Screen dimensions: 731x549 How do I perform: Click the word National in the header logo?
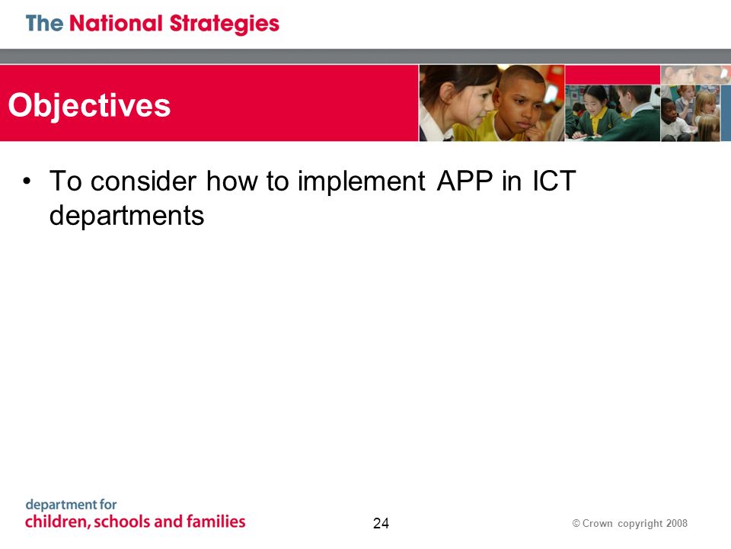tap(116, 24)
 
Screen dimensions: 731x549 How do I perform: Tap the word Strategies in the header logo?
tap(224, 24)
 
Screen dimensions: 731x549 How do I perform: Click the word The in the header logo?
tap(44, 24)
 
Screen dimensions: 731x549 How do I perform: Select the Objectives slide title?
tap(89, 106)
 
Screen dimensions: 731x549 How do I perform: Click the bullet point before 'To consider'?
tap(27, 181)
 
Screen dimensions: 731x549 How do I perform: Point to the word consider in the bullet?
tap(143, 181)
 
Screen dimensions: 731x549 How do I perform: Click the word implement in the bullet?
tap(361, 182)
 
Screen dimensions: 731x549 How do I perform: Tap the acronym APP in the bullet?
tap(464, 181)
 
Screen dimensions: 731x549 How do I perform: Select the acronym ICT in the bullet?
tap(554, 181)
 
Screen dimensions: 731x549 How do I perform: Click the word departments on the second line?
tap(127, 216)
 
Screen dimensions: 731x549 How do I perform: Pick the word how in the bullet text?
tap(231, 181)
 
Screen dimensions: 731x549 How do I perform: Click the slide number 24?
tap(381, 523)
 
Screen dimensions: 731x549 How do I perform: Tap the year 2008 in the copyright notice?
tap(676, 523)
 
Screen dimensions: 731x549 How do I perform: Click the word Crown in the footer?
tap(597, 523)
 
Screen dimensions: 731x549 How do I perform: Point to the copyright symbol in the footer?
tap(576, 523)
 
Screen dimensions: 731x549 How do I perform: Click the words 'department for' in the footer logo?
tap(71, 505)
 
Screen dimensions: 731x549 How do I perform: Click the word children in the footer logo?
tap(57, 522)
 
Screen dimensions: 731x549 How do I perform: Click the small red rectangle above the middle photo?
tap(612, 75)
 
